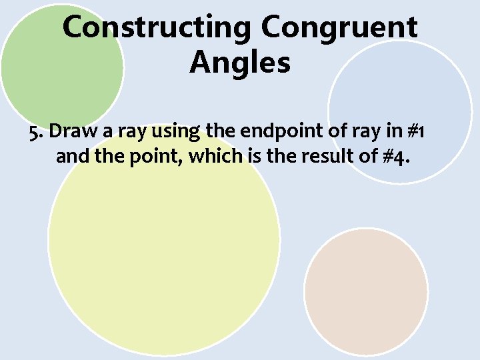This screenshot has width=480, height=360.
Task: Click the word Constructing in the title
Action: (157, 28)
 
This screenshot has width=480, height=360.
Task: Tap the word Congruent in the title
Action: (339, 28)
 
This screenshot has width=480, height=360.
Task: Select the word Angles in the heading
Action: (240, 63)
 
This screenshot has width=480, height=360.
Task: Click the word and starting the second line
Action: (71, 157)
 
